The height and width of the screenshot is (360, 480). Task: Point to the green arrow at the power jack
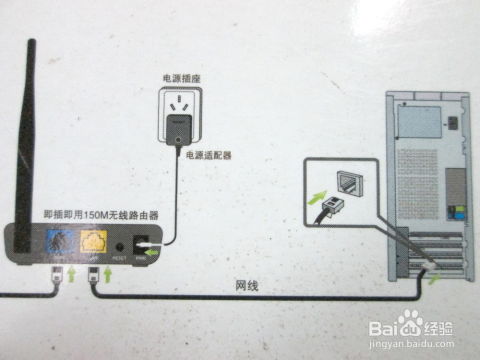pyautogui.click(x=150, y=255)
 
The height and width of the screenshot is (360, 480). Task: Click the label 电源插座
pyautogui.click(x=177, y=77)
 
